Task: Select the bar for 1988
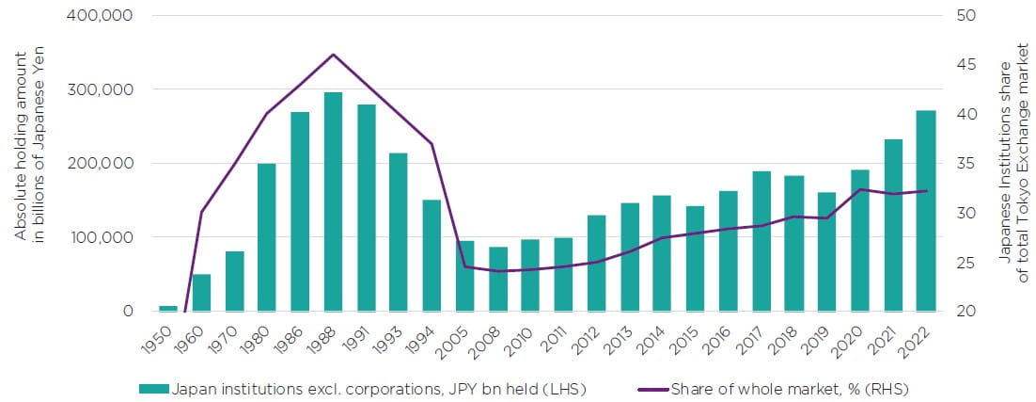tap(333, 201)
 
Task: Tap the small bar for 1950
tap(168, 308)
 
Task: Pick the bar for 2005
tap(464, 276)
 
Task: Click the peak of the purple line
tap(333, 55)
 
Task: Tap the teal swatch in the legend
tap(154, 388)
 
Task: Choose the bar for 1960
tap(201, 293)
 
